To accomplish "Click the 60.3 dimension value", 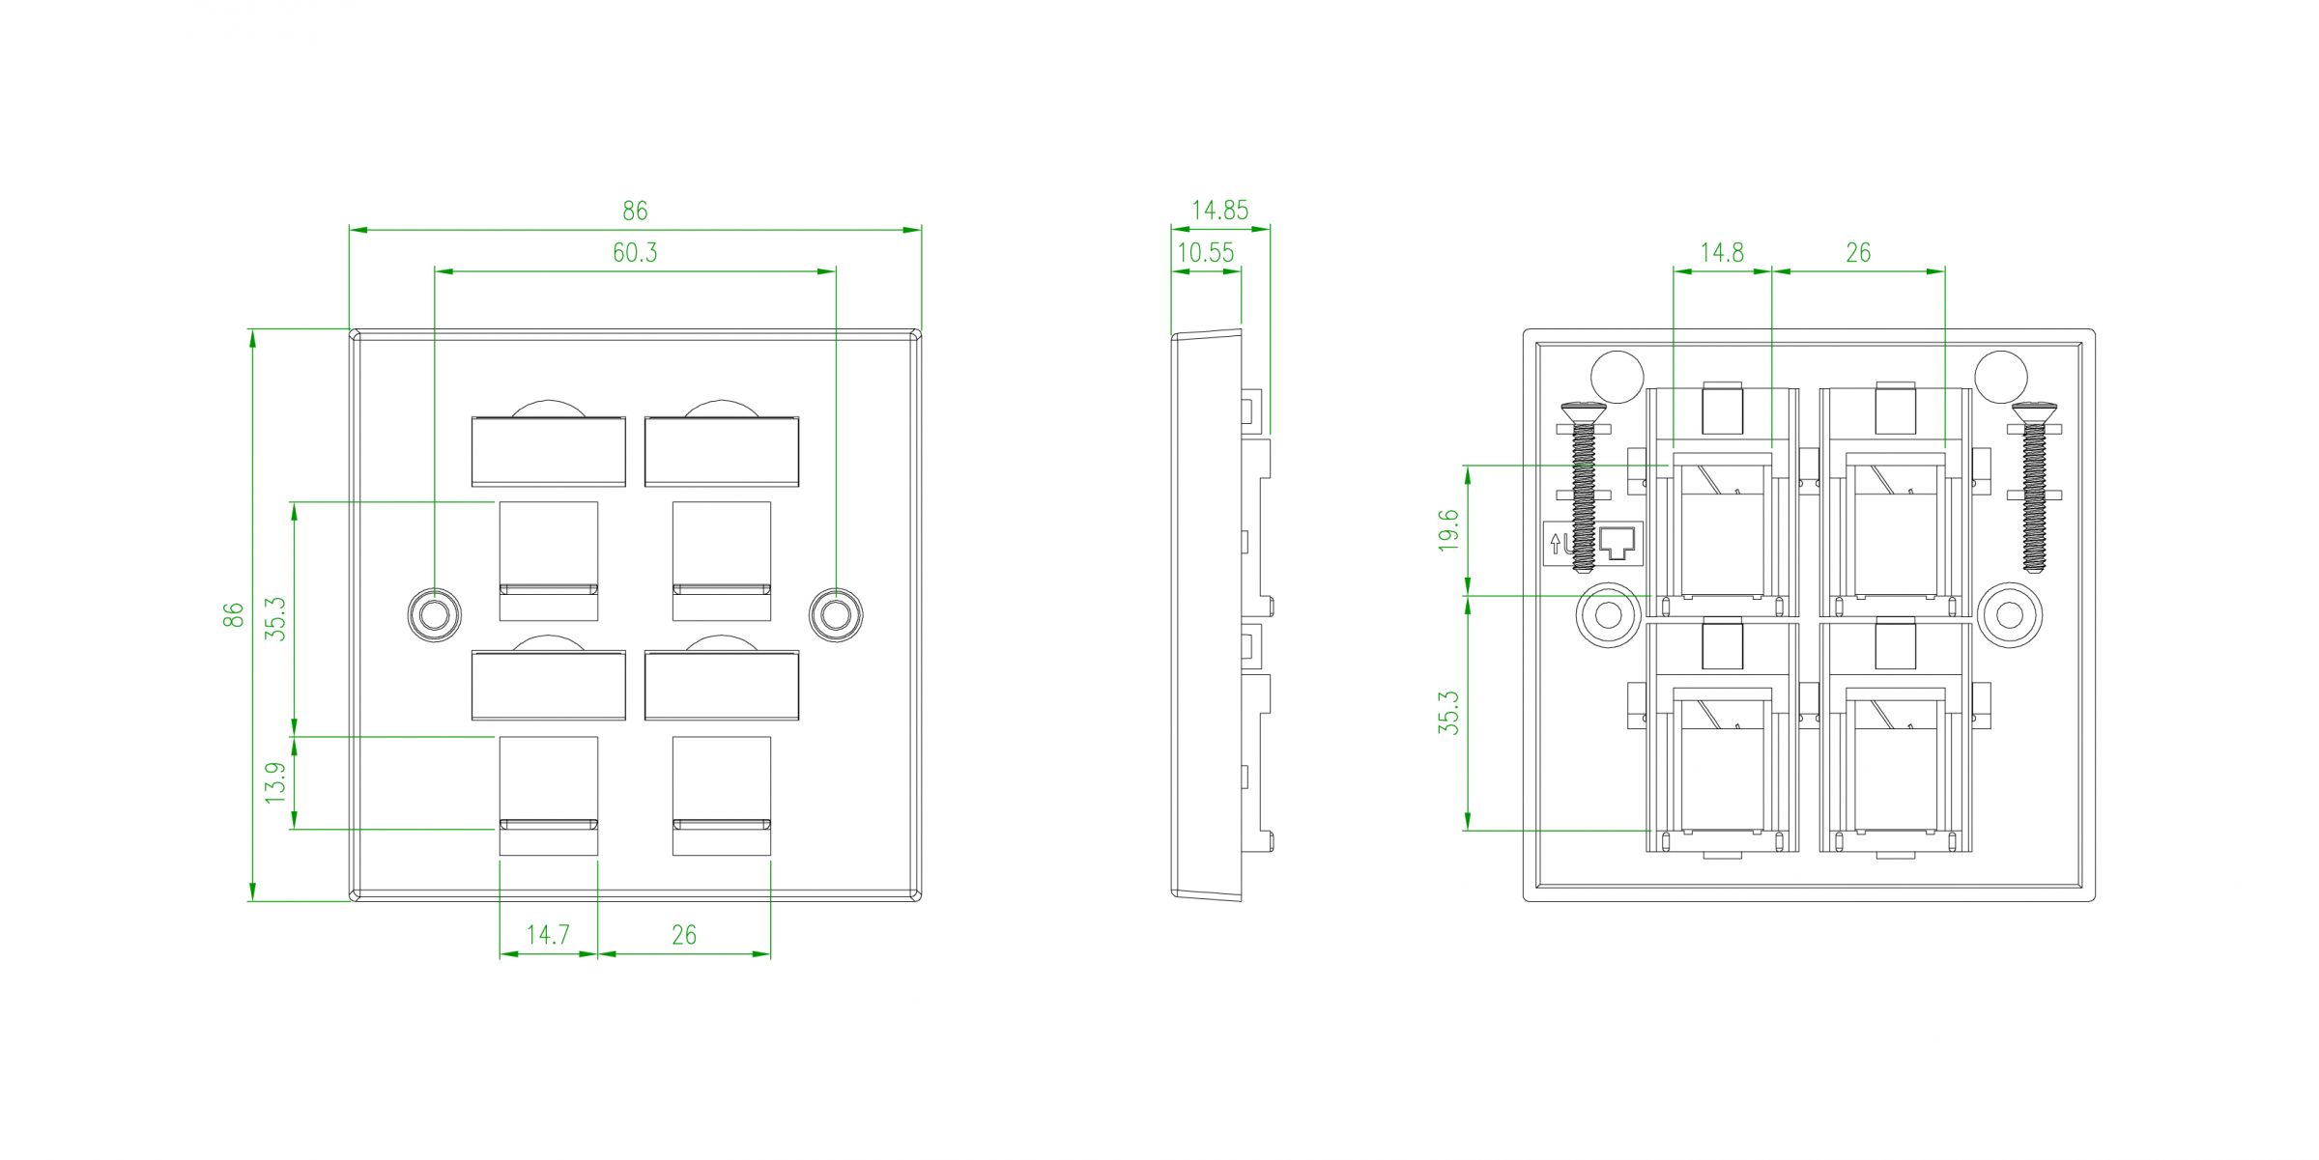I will pos(635,253).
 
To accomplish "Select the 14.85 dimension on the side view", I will pos(1219,210).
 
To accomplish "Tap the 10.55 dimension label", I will pos(1206,253).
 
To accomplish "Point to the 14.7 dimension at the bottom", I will pos(548,935).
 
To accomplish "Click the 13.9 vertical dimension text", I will pos(276,782).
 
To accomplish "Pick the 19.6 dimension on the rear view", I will pos(1447,530).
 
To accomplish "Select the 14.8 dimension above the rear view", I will pos(1722,253).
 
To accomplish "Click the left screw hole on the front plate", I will pos(435,614).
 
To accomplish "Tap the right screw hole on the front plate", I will pos(836,614).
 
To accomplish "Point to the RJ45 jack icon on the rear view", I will pos(1620,544).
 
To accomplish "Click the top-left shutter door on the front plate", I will pos(548,451).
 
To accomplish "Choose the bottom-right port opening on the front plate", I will pos(722,795).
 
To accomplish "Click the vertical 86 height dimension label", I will pos(234,614).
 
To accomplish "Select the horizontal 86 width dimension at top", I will pos(635,210).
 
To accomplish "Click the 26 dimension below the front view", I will pos(684,935).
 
